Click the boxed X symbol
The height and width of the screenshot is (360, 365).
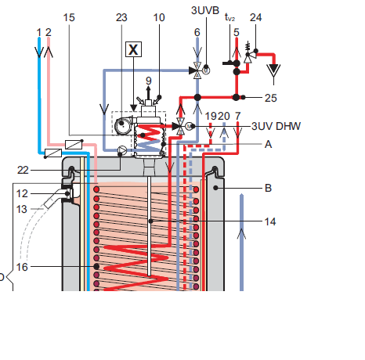click(x=133, y=49)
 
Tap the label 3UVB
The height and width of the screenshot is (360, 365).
click(x=205, y=10)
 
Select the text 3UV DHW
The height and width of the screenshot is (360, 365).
click(x=276, y=126)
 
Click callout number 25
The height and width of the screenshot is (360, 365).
click(x=270, y=98)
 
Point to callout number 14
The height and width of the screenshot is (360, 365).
click(x=270, y=221)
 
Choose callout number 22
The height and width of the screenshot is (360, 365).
click(x=23, y=170)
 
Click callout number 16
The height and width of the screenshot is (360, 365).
click(x=22, y=267)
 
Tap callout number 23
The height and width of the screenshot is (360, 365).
click(x=121, y=17)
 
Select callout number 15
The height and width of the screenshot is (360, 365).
click(x=69, y=17)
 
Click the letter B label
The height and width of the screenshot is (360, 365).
click(x=268, y=188)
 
